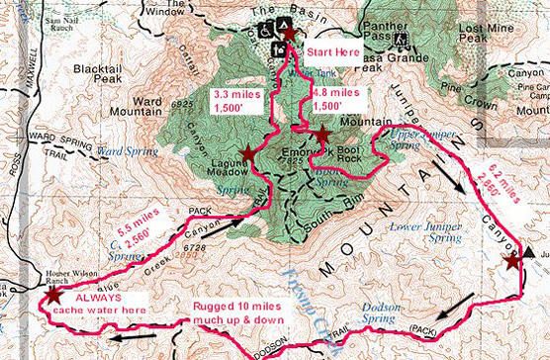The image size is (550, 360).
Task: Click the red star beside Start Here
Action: (x=289, y=34)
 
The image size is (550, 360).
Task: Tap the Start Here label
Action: (x=329, y=51)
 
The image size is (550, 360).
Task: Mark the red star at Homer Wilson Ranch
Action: (x=51, y=295)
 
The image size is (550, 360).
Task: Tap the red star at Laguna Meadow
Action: (x=246, y=154)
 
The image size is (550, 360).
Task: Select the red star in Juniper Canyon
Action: (x=510, y=262)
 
